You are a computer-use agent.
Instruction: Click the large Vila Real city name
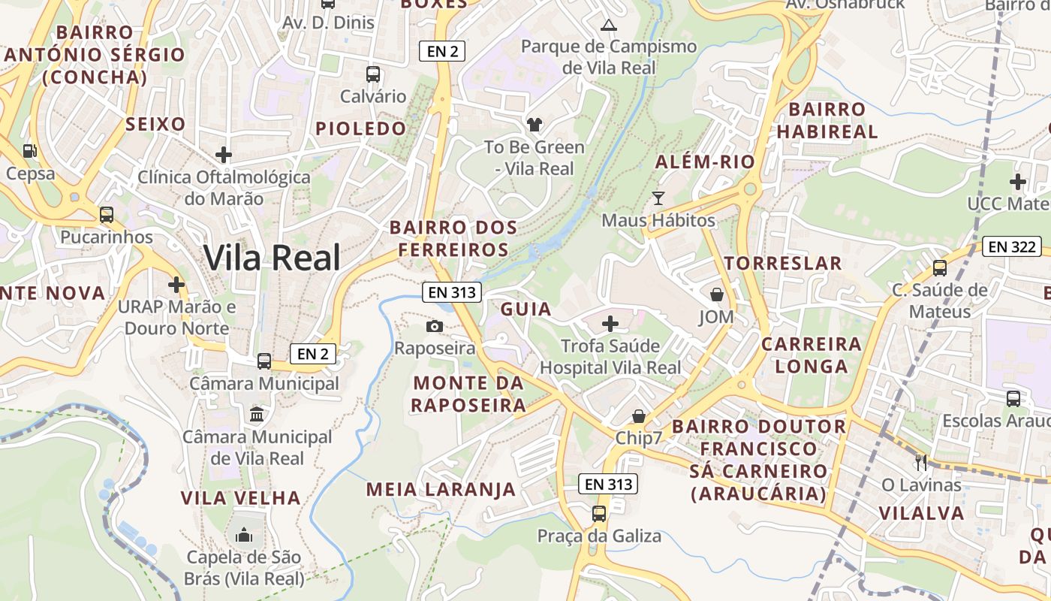tap(272, 258)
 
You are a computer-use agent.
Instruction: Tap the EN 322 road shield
tap(1012, 246)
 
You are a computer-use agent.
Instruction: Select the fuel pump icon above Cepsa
tap(29, 151)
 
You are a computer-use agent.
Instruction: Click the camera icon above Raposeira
tap(434, 326)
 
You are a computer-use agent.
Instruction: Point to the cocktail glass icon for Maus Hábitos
tap(658, 198)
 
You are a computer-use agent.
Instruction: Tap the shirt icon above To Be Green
tap(534, 124)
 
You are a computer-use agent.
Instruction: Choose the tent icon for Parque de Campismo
tap(609, 24)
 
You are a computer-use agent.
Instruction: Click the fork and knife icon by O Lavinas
tap(921, 462)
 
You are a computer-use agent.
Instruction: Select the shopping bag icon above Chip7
tap(638, 415)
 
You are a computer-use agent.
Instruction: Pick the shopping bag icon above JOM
tap(716, 294)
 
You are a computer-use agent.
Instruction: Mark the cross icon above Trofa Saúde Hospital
tap(610, 324)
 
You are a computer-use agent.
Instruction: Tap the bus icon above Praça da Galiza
tap(598, 514)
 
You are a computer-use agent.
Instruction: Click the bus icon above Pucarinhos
tap(107, 215)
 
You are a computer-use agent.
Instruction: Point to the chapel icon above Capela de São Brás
tap(244, 535)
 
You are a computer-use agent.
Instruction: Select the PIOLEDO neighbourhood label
tap(360, 128)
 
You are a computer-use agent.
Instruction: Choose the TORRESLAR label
tap(783, 263)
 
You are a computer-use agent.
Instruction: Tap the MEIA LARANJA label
tap(441, 490)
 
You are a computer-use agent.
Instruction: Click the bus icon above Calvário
tap(372, 74)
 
